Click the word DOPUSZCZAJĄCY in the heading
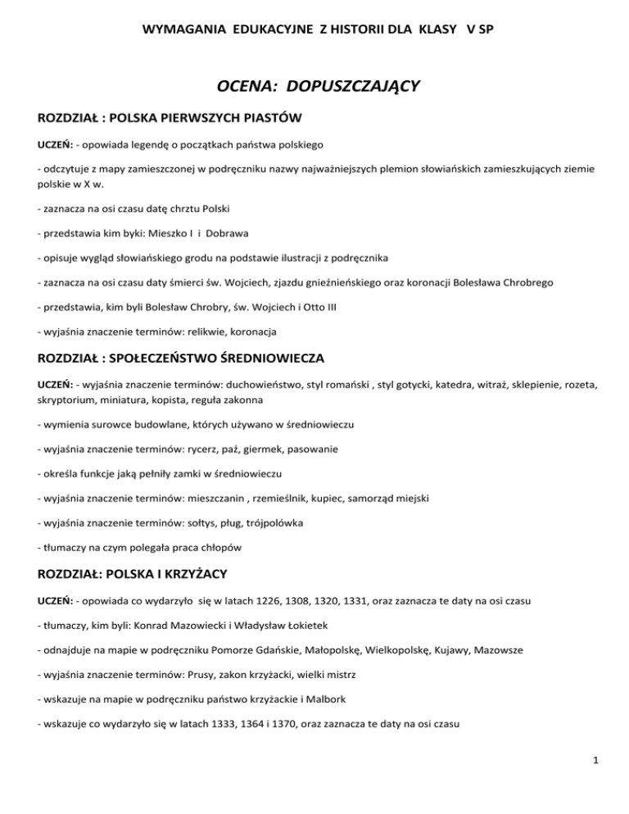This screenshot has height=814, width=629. point(360,84)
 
